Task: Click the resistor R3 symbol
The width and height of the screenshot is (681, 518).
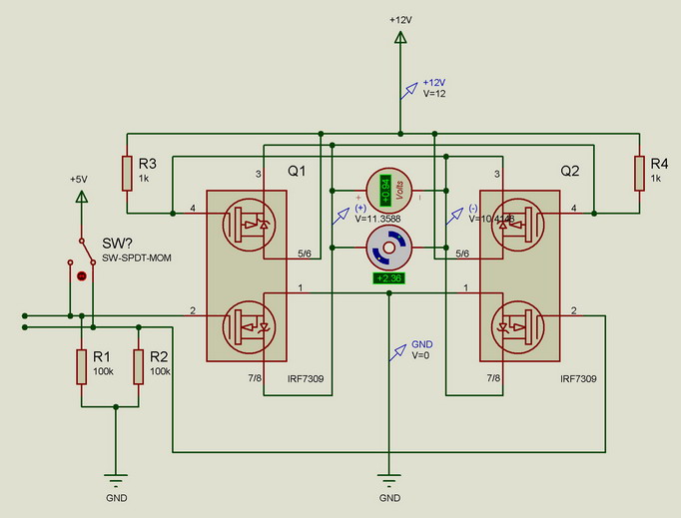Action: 127,173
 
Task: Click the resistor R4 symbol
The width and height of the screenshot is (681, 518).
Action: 638,173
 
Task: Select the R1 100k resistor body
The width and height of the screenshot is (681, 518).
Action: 81,366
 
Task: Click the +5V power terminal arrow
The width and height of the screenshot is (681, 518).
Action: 81,196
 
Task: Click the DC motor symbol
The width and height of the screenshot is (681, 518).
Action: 385,247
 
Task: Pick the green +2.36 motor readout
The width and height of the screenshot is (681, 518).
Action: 385,278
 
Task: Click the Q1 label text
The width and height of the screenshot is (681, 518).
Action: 297,172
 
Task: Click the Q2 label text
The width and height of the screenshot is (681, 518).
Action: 569,171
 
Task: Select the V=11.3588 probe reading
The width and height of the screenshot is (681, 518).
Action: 376,218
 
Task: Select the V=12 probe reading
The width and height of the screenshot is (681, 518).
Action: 433,93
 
